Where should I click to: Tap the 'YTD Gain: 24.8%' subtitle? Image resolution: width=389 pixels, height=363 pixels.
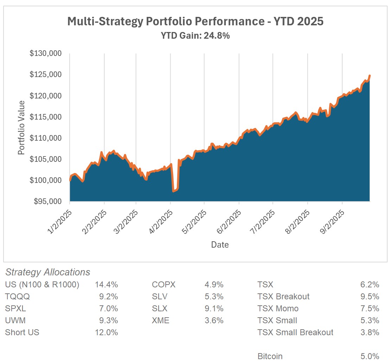[x=195, y=36]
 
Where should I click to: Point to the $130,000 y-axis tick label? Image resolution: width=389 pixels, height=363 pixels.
[x=46, y=54]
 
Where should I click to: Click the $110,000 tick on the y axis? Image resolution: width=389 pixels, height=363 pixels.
[x=46, y=138]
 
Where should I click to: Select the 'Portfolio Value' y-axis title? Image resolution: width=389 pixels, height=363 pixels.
[x=22, y=127]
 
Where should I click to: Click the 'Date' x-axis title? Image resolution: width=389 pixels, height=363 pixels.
[x=220, y=245]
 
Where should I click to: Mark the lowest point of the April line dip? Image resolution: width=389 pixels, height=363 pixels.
[x=173, y=191]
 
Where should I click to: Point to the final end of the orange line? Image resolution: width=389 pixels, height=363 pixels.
[x=369, y=76]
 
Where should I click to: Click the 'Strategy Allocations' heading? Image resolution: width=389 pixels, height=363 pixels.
[x=48, y=272]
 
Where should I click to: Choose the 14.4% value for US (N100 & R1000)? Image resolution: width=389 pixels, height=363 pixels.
[x=106, y=285]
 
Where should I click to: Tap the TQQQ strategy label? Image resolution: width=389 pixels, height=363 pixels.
[x=18, y=297]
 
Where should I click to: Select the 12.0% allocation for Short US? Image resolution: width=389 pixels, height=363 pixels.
[x=106, y=332]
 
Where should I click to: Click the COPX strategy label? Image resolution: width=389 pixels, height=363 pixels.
[x=164, y=285]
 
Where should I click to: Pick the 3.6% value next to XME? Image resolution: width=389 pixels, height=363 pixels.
[x=214, y=320]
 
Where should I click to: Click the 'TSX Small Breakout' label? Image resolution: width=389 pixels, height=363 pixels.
[x=295, y=332]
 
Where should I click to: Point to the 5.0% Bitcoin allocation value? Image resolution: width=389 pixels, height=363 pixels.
[x=370, y=356]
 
